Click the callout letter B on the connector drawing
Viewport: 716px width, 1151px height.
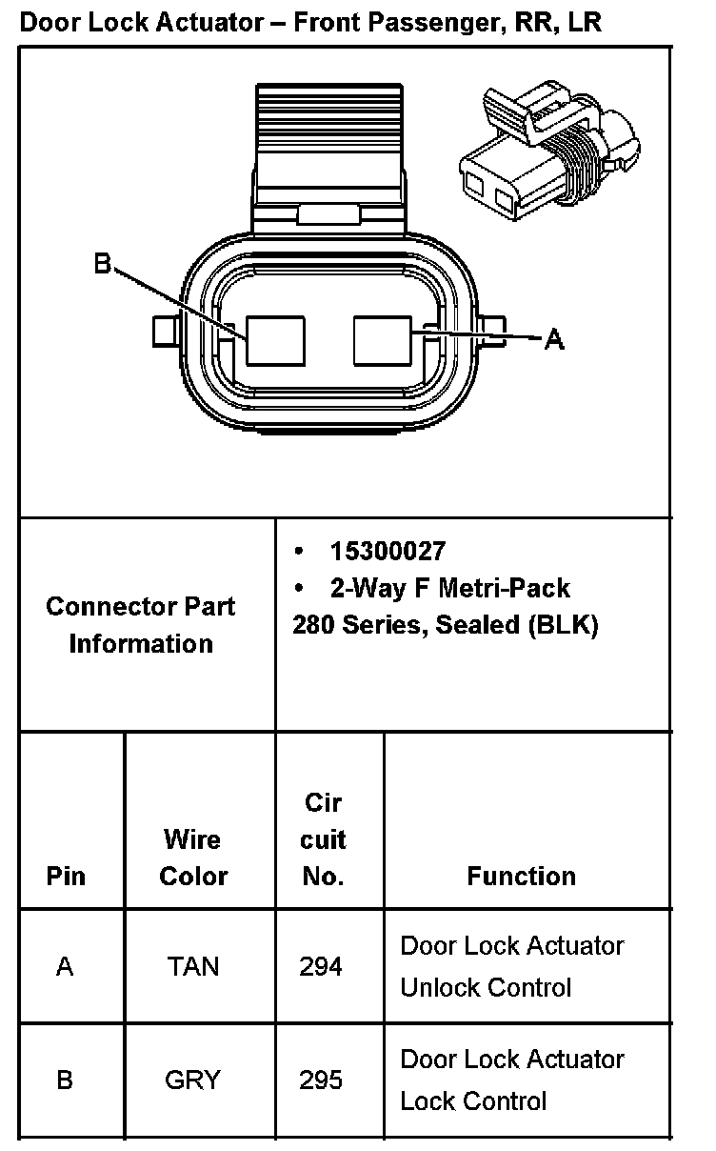(103, 263)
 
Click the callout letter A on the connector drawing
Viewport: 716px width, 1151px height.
(554, 338)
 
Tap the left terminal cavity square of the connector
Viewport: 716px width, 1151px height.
(275, 341)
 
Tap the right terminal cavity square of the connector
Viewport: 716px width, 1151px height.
(382, 340)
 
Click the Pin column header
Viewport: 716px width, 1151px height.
(66, 876)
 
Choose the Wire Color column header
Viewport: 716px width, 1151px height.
(193, 858)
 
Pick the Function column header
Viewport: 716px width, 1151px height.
(521, 876)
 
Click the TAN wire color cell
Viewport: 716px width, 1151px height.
(193, 966)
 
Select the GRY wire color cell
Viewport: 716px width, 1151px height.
(192, 1080)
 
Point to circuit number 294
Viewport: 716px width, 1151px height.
(321, 966)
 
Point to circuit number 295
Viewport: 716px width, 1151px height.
(321, 1080)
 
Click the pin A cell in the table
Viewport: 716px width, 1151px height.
(65, 966)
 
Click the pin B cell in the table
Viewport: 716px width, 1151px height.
(65, 1080)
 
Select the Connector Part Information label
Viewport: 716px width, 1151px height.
(141, 624)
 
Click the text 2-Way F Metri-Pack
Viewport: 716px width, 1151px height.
(449, 588)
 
